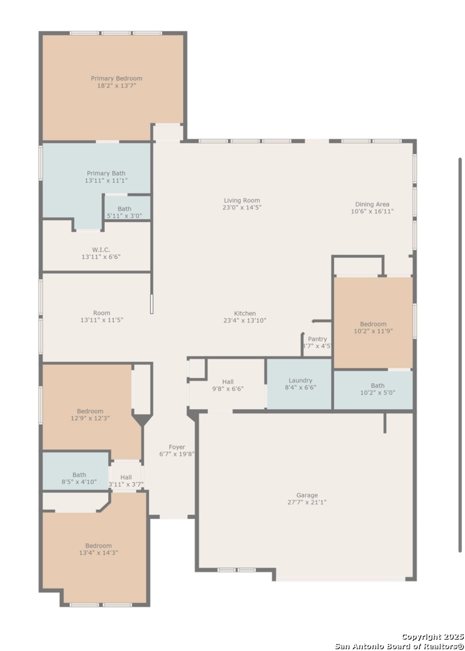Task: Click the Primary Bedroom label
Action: tap(117, 78)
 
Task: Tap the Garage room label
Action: tap(307, 495)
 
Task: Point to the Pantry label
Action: tap(317, 339)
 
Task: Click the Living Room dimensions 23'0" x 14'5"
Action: tap(242, 207)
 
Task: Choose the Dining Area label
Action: tap(372, 204)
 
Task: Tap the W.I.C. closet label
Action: tap(101, 250)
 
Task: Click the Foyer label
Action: tap(176, 447)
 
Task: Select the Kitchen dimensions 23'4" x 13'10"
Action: tap(245, 321)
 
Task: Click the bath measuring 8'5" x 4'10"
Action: tap(76, 471)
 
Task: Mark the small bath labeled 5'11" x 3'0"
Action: tap(127, 207)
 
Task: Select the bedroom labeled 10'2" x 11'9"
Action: tap(373, 322)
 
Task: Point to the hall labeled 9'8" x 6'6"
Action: tap(227, 385)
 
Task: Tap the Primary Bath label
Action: tap(106, 174)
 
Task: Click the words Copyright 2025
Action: tap(432, 637)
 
